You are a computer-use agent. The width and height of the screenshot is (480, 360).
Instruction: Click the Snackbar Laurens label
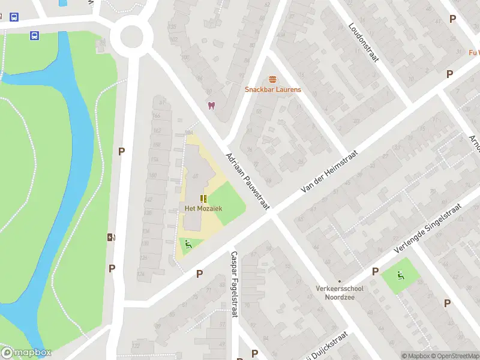(x=272, y=90)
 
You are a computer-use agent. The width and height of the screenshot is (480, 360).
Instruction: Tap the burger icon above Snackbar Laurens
(x=272, y=79)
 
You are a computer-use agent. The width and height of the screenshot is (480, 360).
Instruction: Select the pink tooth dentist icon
(x=211, y=106)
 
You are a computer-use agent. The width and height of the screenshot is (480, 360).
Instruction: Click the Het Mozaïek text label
(x=203, y=208)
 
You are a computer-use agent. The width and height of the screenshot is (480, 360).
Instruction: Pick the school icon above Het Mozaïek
(x=203, y=198)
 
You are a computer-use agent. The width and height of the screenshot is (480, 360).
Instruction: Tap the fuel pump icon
(x=110, y=237)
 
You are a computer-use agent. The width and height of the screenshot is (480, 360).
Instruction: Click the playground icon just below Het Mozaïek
(x=188, y=244)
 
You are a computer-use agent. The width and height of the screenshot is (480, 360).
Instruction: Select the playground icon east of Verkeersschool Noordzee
(x=401, y=275)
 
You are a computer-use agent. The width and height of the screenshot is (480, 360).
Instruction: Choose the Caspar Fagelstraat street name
(x=234, y=284)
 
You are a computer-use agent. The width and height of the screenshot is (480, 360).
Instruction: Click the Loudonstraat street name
(x=364, y=43)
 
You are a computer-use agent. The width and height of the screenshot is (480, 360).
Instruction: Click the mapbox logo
(x=26, y=352)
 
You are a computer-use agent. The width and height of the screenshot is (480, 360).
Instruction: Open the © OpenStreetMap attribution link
(x=454, y=356)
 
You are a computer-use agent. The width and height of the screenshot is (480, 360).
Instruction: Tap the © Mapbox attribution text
(x=415, y=356)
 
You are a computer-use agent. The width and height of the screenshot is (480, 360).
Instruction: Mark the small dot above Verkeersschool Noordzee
(x=340, y=281)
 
